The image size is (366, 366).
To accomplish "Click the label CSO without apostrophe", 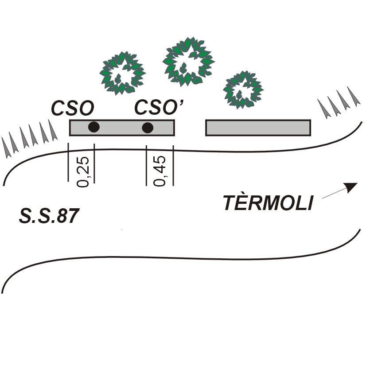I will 71,108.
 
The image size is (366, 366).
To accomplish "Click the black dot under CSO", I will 93,127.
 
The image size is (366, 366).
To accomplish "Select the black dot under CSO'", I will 148,128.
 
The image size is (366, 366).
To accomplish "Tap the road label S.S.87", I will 49,216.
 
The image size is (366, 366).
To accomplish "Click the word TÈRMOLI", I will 268,203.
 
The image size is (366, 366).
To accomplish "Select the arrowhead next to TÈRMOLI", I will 351,187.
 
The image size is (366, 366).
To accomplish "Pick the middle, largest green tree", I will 187,62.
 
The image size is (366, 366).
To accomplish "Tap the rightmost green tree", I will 242,90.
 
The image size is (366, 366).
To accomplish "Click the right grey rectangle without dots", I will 258,127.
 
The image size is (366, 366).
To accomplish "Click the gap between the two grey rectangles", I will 190,128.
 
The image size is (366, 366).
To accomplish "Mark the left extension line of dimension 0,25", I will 68,162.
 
